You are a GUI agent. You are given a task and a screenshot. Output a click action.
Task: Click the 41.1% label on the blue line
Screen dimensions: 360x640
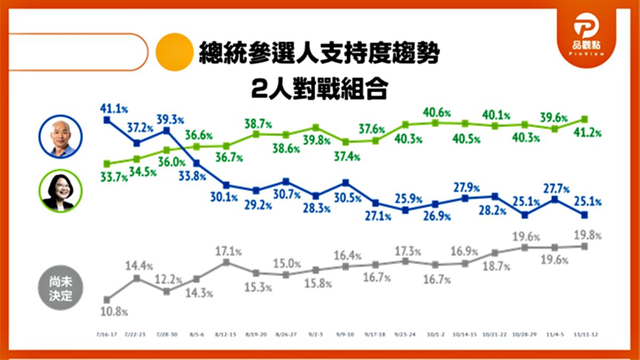tap(114, 108)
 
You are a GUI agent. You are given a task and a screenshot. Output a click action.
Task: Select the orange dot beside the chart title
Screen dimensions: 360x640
tap(173, 52)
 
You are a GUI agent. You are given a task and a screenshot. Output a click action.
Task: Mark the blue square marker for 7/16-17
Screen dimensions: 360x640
tap(107, 120)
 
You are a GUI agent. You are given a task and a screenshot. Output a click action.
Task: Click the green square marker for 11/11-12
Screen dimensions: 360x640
tap(585, 119)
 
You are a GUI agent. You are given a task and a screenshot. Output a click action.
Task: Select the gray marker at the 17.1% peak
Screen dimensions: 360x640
tap(226, 262)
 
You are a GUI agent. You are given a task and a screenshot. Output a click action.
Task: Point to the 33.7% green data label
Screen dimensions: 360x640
tap(113, 177)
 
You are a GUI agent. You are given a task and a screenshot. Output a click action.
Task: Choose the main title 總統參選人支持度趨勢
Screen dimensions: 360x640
tap(319, 53)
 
